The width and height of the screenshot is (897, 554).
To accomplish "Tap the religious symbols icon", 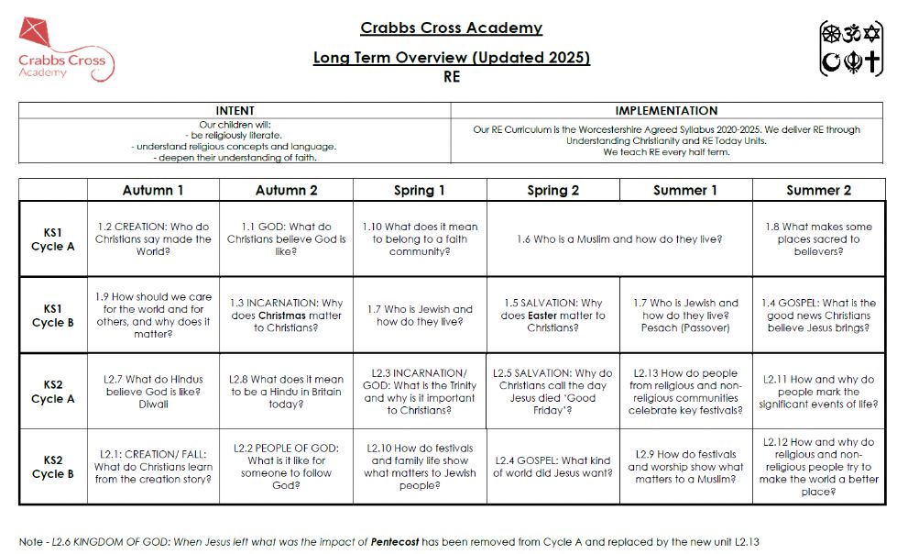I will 851,49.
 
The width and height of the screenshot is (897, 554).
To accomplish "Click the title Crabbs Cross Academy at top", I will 451,28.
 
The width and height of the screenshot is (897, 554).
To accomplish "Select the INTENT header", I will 235,110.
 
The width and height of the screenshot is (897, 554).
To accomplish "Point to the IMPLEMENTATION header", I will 666,110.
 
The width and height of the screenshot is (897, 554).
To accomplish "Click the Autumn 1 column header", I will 153,190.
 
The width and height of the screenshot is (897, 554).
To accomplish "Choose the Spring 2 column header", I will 553,190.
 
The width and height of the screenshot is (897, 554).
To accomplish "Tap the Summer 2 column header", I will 818,190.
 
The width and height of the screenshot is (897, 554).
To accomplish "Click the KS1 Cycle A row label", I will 53,239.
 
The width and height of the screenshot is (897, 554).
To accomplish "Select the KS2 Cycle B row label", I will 53,467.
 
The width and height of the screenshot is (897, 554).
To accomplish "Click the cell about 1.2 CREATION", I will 153,239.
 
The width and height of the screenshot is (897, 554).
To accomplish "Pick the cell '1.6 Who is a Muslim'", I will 619,239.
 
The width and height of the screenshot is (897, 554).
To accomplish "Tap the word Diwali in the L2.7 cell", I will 153,404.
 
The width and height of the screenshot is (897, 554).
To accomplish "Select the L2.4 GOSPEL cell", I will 552,467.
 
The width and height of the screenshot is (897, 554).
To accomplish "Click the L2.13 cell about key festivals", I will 685,392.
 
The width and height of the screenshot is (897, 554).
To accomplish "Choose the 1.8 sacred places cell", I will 818,239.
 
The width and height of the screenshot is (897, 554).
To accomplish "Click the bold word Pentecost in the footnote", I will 399,541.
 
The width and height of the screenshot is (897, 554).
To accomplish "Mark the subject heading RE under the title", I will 451,77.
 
